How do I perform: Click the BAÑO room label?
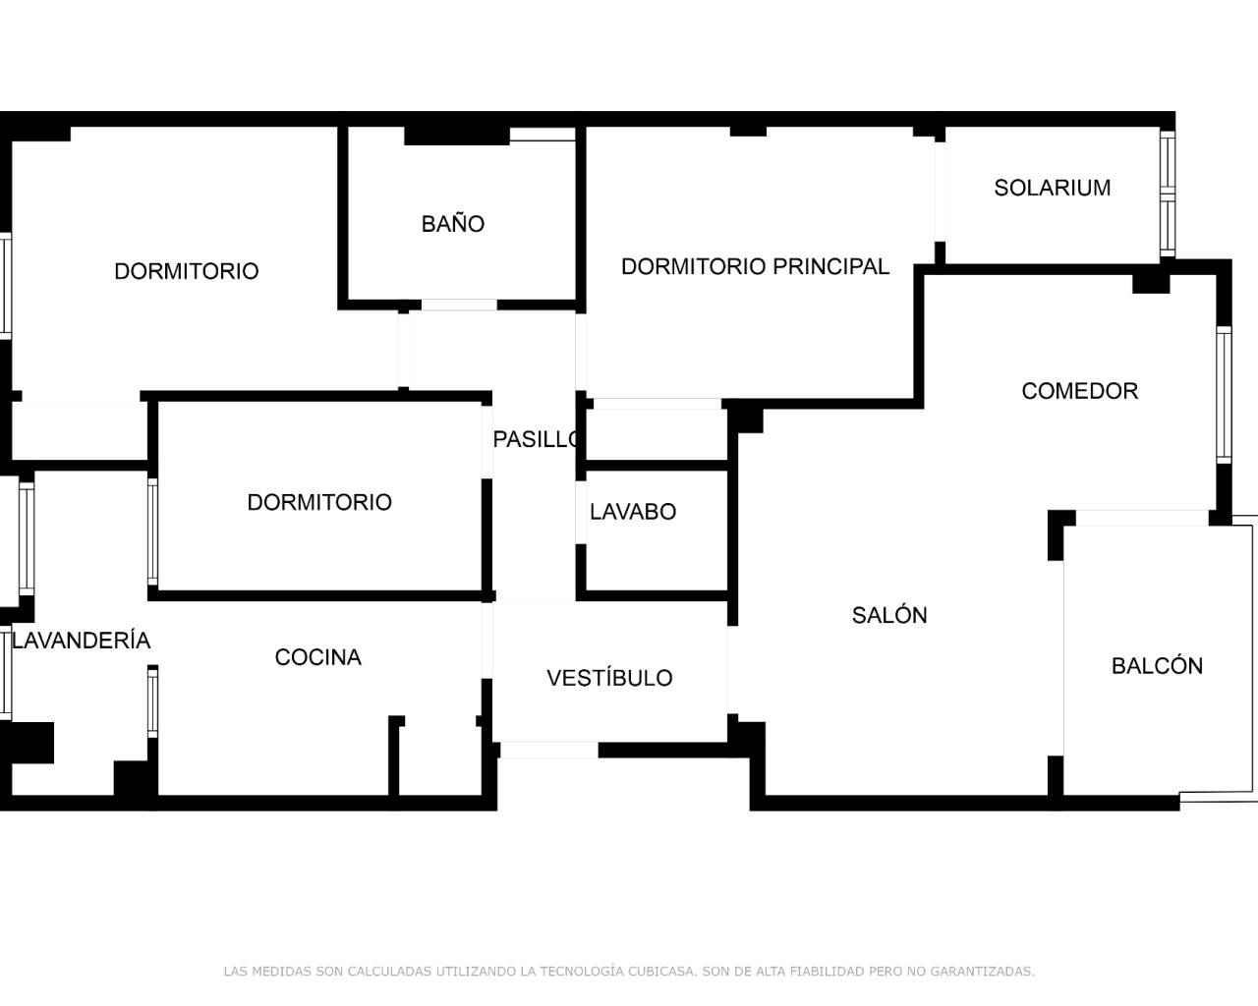coord(453,224)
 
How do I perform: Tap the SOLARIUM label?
coord(1052,188)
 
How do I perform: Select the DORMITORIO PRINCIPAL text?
coord(755,266)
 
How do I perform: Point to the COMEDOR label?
coord(1079,391)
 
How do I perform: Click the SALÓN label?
coord(889,615)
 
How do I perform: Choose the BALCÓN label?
coord(1157,666)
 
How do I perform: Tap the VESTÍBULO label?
coord(609,678)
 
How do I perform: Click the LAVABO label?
coord(633,512)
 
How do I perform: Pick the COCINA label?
coord(317,657)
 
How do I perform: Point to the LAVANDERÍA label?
coord(82,641)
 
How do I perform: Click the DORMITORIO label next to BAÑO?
coord(187,271)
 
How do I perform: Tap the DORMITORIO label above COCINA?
coord(319,502)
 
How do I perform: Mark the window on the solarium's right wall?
coord(1168,195)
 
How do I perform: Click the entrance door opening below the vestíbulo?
coord(548,750)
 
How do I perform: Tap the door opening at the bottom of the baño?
coord(459,305)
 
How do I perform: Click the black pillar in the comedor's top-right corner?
coord(1151,282)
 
